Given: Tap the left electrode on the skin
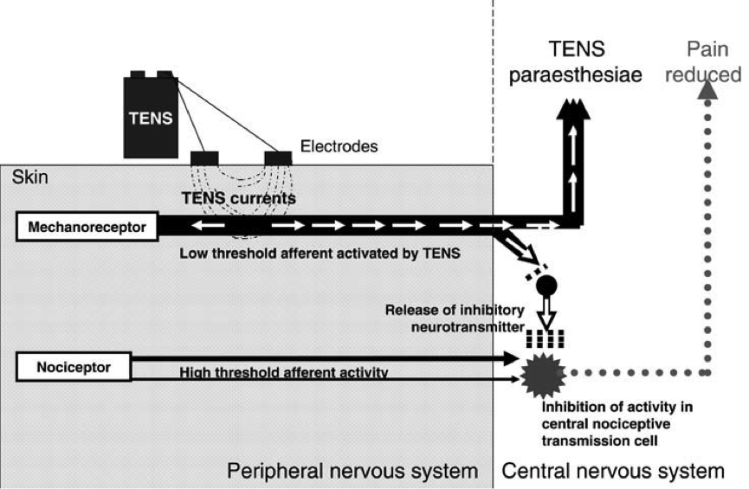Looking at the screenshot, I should click(x=203, y=157).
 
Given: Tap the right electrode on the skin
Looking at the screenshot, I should click(x=278, y=157).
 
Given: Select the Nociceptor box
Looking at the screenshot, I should click(x=73, y=367).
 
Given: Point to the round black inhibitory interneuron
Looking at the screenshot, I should click(x=547, y=284).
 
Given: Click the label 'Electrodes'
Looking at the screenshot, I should click(x=339, y=146).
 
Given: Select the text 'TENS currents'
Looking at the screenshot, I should click(x=238, y=198).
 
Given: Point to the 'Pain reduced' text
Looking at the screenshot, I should click(x=702, y=62).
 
